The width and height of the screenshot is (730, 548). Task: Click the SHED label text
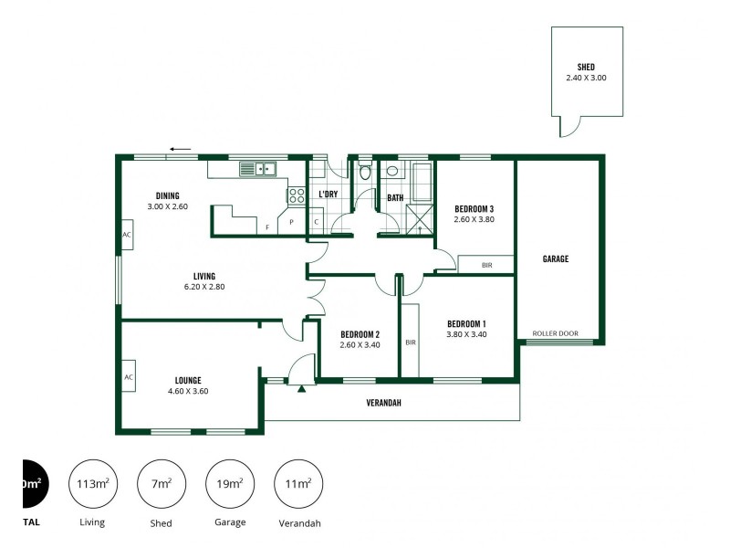click(586, 67)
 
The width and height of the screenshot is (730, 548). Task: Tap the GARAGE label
click(556, 258)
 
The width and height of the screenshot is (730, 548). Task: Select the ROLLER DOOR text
click(557, 333)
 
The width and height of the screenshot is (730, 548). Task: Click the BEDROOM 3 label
click(474, 208)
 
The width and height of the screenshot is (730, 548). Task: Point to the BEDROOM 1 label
click(466, 324)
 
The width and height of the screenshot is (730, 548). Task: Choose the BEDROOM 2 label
click(360, 333)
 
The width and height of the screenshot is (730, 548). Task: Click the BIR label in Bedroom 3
click(486, 265)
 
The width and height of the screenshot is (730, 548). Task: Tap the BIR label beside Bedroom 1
click(410, 342)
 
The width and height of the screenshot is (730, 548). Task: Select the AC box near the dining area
click(127, 235)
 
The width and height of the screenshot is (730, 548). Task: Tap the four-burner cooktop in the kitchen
click(297, 195)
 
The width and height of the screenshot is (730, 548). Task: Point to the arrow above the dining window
click(181, 149)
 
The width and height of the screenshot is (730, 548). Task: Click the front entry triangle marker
click(300, 387)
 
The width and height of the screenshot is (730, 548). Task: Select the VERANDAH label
click(384, 403)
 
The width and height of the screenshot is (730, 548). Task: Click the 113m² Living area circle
click(92, 484)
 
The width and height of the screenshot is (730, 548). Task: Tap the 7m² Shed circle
click(161, 484)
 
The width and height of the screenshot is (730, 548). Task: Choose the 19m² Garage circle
click(230, 484)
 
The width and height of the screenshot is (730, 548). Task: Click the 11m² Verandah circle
click(298, 484)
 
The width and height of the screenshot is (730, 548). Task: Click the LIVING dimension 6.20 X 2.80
click(203, 287)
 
